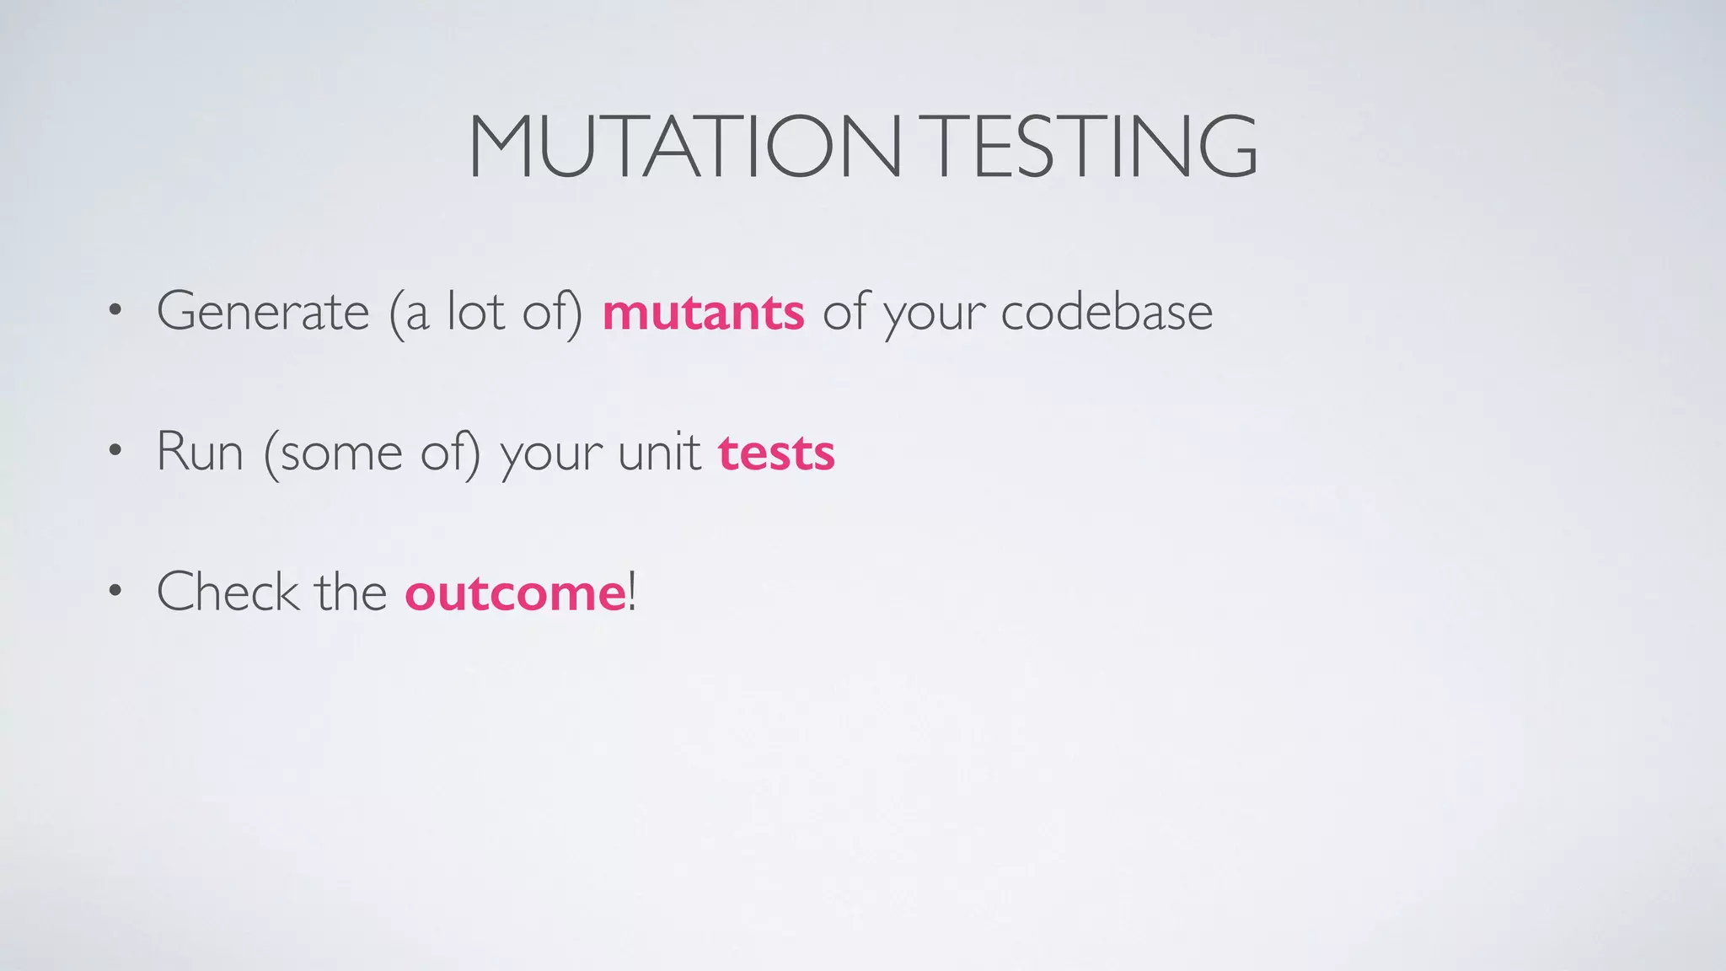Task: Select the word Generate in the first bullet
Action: tap(263, 311)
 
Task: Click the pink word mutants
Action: tap(703, 313)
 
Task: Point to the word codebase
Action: tap(1107, 311)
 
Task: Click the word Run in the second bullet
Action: tap(200, 452)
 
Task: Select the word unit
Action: tap(659, 452)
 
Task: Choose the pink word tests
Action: tap(776, 453)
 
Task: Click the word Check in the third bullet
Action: tap(228, 592)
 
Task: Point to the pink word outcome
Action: tap(515, 593)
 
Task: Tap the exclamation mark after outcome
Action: tap(632, 592)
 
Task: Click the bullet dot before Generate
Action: tap(115, 312)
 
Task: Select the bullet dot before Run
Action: tap(115, 452)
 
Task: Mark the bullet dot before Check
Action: tap(115, 592)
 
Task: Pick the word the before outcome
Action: tap(351, 592)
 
